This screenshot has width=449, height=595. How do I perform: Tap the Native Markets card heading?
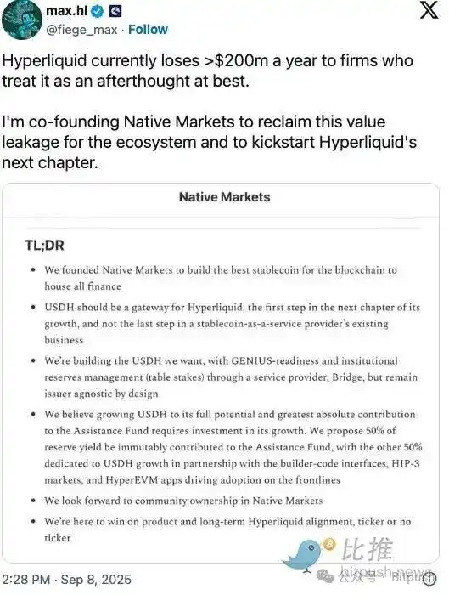pos(224,197)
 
